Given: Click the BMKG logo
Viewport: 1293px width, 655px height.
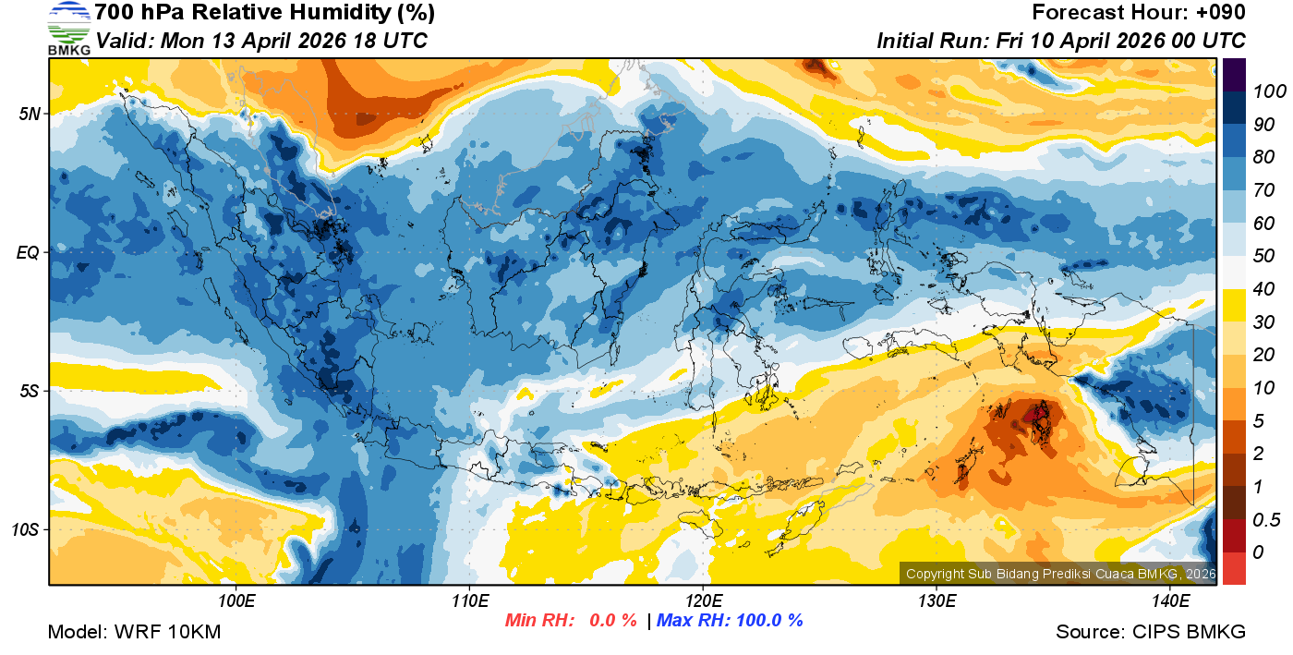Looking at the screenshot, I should pyautogui.click(x=69, y=29).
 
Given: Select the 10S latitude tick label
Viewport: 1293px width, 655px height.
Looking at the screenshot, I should pyautogui.click(x=24, y=529).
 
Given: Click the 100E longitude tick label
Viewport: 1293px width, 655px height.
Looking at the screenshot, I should pyautogui.click(x=236, y=600).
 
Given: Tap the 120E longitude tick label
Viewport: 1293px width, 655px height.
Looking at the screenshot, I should pyautogui.click(x=703, y=600).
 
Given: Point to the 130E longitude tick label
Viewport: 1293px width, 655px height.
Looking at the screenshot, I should pyautogui.click(x=937, y=600).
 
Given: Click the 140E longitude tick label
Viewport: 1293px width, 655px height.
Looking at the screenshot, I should pyautogui.click(x=1170, y=600).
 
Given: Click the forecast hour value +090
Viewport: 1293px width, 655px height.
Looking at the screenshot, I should pyautogui.click(x=1220, y=13).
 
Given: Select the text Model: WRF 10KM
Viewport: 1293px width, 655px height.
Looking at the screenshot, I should pyautogui.click(x=134, y=632).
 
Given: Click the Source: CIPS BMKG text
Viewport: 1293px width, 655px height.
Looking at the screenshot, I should pyautogui.click(x=1151, y=632).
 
